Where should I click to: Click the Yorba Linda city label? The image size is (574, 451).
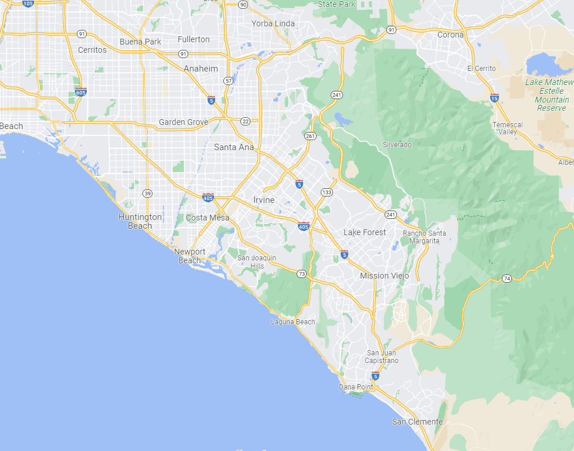point(273,23)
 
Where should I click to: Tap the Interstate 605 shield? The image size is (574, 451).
point(81,92)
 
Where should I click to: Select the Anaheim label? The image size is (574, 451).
point(201,69)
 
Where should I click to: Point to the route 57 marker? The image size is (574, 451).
point(228,80)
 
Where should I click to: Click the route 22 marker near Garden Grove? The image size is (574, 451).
point(245,121)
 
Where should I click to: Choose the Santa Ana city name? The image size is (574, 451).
point(234,147)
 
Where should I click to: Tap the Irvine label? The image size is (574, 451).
point(264,200)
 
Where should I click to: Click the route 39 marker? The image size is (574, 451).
point(148,193)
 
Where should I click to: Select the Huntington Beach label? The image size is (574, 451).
point(140,221)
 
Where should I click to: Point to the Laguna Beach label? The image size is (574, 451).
point(293,322)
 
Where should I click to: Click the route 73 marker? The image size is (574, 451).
point(301,274)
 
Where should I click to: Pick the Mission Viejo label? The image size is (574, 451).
point(383,276)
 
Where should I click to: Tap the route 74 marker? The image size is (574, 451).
point(506,279)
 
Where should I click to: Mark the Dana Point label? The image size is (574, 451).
point(356,387)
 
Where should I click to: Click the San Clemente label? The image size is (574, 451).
point(417,422)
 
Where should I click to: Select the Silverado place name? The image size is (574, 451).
point(397,145)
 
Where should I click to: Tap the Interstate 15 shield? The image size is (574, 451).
point(495,98)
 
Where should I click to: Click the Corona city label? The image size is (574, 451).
point(450,35)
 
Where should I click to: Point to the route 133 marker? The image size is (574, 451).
point(327,192)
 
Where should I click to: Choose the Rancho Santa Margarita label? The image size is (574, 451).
point(424,237)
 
